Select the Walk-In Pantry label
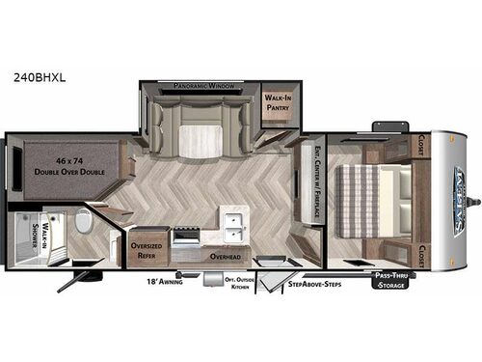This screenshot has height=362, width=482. tap(281, 102)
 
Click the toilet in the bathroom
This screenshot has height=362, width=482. tap(83, 228)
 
